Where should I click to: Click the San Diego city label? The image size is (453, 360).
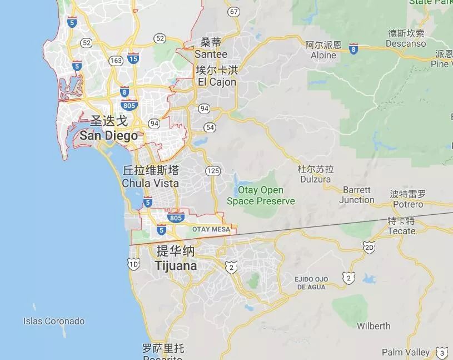(108, 136)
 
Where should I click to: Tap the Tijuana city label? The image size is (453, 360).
(176, 266)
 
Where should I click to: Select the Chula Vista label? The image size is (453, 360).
(151, 183)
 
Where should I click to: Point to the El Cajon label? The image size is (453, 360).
(217, 82)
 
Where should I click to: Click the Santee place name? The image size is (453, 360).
(211, 54)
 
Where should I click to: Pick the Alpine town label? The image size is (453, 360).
(323, 55)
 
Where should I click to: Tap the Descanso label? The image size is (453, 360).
(406, 43)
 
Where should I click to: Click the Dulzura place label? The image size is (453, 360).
(315, 179)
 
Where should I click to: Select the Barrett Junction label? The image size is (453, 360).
(356, 195)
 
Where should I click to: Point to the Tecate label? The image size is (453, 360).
(401, 231)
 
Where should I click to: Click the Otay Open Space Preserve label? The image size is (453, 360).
(261, 195)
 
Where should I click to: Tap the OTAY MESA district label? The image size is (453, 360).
(211, 229)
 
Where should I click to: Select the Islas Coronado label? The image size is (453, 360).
(54, 321)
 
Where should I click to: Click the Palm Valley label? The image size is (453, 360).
(406, 352)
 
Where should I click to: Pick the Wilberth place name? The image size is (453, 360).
(374, 326)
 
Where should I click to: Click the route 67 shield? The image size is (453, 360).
(234, 12)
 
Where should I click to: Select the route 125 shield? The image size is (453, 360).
(212, 171)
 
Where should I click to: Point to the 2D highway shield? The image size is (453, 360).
(369, 247)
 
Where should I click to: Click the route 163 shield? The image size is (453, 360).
(116, 60)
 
